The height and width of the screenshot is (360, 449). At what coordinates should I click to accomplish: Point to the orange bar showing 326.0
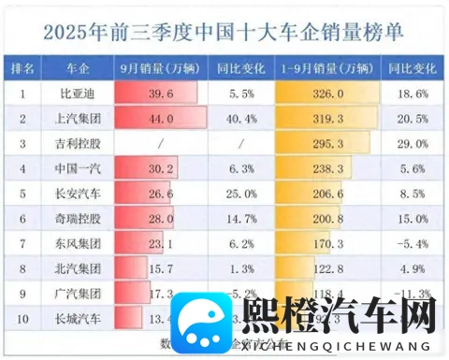click(327, 94)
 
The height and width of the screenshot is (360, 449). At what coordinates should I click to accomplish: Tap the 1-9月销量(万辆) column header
click(327, 69)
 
